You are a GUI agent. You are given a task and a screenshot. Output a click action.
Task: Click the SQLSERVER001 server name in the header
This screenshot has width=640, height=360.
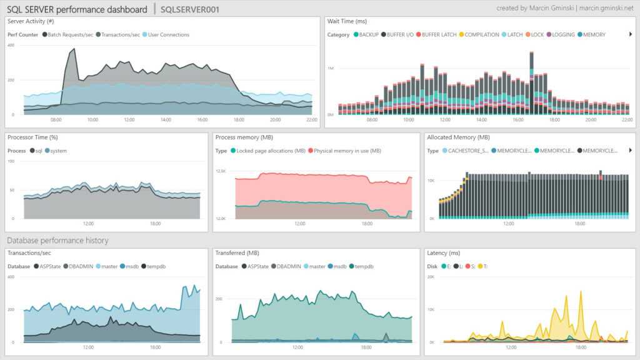pos(189,9)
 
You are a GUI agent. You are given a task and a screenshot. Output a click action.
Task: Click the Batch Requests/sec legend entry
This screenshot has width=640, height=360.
pos(69,34)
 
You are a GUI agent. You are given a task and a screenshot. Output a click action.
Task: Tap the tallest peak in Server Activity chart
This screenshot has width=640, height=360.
pos(74,49)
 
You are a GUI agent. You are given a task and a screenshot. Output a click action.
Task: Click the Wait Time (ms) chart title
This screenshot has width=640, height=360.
pos(349,21)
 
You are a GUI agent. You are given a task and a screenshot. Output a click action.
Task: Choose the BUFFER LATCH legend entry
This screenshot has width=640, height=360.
pos(438,34)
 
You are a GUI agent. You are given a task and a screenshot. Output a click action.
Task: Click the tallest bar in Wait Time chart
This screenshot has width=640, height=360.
pos(531,81)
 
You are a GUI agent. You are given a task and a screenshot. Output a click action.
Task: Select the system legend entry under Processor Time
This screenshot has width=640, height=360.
pos(57,151)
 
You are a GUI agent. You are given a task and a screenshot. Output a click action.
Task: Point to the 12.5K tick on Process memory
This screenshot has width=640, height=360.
pos(220,171)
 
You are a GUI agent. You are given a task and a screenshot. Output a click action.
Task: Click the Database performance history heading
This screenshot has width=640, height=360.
pos(57,240)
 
